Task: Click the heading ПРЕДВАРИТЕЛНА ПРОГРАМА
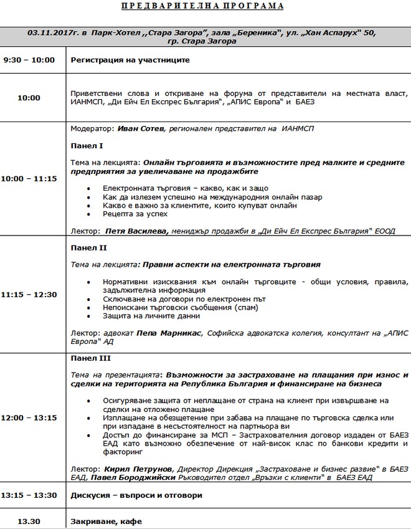pyautogui.click(x=205, y=6)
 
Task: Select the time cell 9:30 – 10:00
pyautogui.click(x=29, y=60)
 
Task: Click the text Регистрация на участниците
pyautogui.click(x=130, y=60)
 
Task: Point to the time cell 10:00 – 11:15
pyautogui.click(x=29, y=178)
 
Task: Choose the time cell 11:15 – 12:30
pyautogui.click(x=29, y=295)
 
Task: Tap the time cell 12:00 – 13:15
pyautogui.click(x=29, y=417)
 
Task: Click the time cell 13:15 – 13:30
pyautogui.click(x=29, y=495)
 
